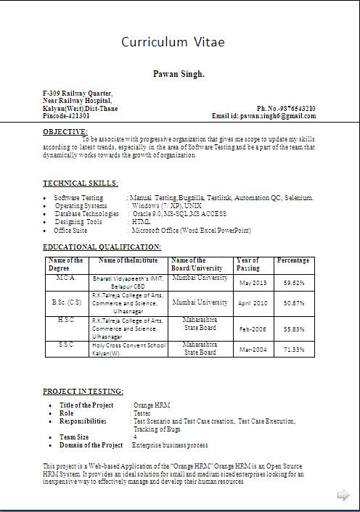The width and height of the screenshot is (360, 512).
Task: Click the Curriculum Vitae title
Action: (173, 42)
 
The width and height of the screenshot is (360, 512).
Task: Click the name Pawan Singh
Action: (179, 74)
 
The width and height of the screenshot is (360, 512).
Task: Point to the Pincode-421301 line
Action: (67, 116)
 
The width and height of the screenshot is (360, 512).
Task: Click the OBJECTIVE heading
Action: (65, 131)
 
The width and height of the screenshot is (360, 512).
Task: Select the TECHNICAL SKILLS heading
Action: (81, 183)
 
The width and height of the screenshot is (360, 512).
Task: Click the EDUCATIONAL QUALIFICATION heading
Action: (102, 247)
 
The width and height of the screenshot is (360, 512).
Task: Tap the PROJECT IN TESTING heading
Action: (83, 391)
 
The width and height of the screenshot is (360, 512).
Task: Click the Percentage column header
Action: (293, 260)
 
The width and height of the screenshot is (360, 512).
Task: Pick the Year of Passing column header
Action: (247, 264)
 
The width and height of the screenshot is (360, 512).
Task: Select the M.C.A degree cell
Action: (65, 278)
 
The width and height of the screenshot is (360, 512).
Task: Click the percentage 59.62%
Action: (294, 283)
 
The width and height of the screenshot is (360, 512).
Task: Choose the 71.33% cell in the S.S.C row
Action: (294, 350)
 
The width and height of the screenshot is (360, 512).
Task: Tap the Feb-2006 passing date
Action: (253, 329)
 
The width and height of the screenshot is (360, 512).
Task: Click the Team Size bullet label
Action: (74, 437)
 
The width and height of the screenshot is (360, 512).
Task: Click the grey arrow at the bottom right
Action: (343, 495)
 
